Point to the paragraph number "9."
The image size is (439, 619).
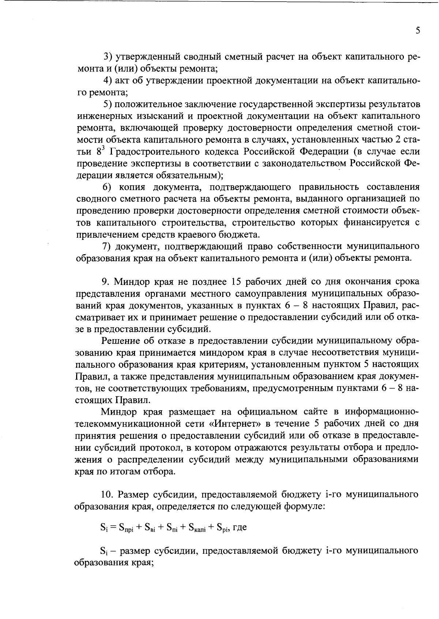click(x=106, y=282)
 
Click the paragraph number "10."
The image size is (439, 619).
click(x=108, y=495)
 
